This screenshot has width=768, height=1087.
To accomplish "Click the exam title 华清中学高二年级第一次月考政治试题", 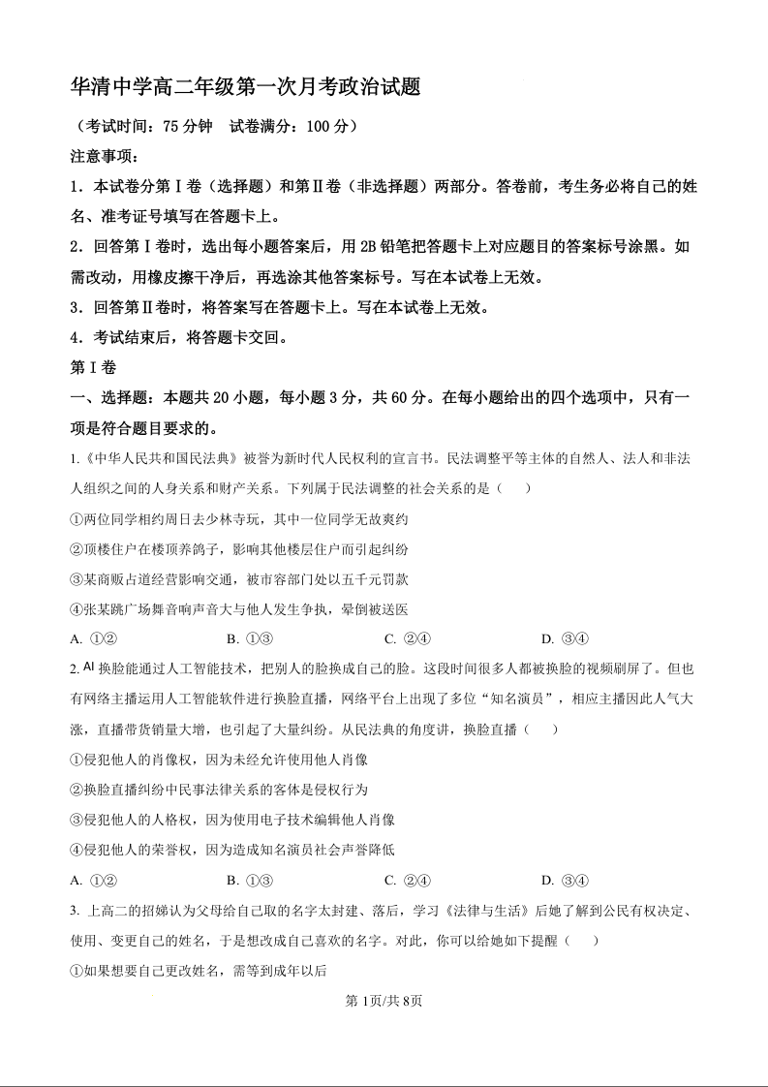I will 246,87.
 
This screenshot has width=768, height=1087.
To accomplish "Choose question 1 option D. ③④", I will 565,638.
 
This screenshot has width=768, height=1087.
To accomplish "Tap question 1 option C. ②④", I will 407,638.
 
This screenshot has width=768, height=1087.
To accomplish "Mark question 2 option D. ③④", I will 565,881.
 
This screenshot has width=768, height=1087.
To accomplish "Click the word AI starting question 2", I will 90,668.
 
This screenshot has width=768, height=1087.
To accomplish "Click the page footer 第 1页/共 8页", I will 384,1001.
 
